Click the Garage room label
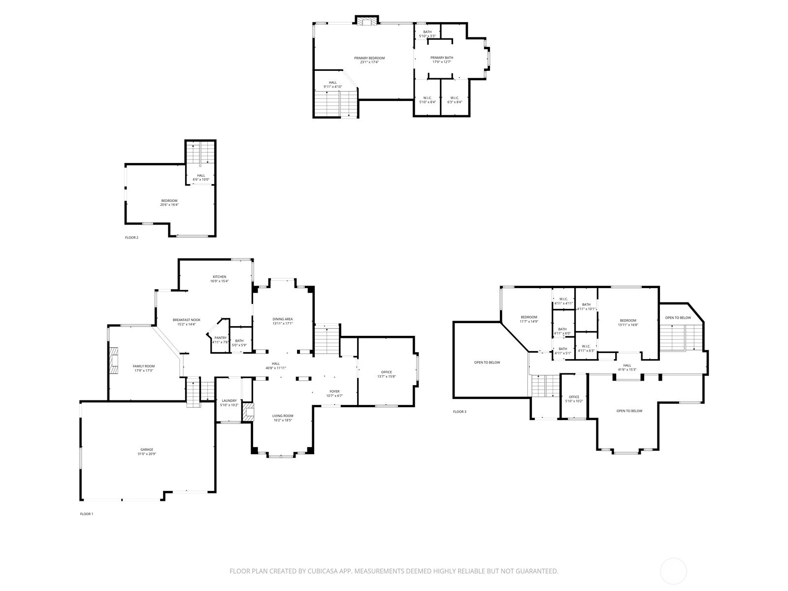pos(147,449)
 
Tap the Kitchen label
pos(219,277)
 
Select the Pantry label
pos(221,338)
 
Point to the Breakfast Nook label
pos(186,320)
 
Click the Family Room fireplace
pos(114,361)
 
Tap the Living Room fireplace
pos(248,412)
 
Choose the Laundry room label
pos(229,400)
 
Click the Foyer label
pos(334,392)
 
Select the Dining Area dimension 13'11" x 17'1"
pos(283,323)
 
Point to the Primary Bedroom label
pos(369,58)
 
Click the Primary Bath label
pos(442,58)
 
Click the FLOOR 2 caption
pos(131,237)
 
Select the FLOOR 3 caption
pos(460,412)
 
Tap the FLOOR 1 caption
pos(87,514)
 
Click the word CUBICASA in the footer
pos(323,571)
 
